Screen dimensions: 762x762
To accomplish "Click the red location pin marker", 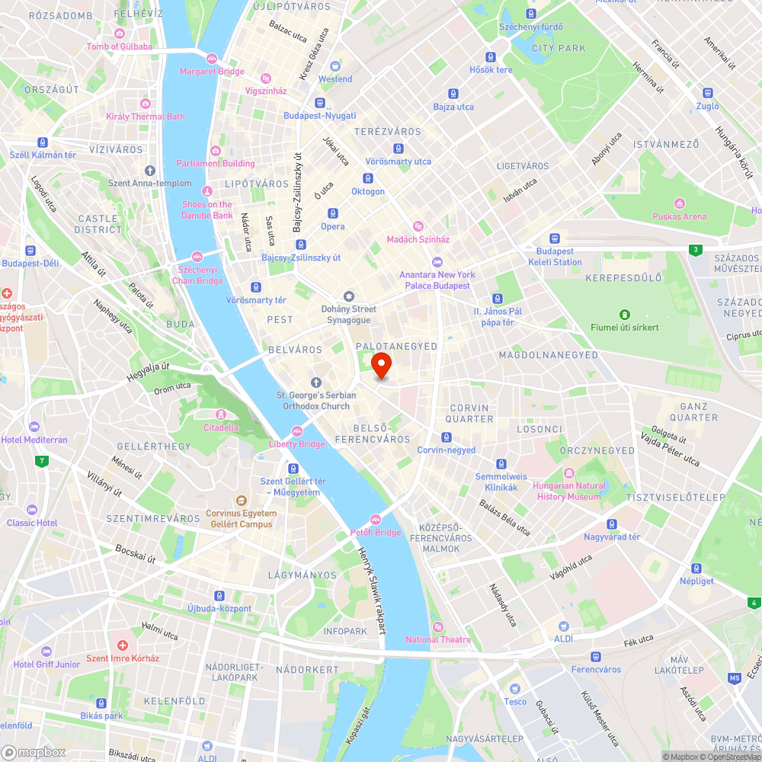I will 381,365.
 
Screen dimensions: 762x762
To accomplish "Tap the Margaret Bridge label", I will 212,72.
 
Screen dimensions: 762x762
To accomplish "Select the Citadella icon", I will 221,414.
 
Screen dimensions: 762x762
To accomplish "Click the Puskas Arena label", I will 679,216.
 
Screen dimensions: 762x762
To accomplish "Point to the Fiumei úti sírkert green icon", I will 625,314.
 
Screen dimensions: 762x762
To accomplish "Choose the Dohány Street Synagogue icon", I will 349,296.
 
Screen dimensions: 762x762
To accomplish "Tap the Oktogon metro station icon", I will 368,178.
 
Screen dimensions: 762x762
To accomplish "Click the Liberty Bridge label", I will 297,444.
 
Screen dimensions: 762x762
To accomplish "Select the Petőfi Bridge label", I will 375,533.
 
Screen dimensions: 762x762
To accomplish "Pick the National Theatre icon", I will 437,626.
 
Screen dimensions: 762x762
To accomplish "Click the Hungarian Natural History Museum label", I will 570,491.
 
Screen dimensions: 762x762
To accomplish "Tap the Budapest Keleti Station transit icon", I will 555,238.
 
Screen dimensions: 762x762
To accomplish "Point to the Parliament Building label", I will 216,163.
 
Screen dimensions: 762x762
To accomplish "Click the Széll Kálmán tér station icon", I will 43,142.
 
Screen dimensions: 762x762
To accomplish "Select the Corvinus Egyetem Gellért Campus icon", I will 242,501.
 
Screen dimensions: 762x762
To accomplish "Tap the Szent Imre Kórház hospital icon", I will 122,645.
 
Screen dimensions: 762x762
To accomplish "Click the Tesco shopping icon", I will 515,688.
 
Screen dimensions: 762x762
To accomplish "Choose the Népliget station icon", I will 696,568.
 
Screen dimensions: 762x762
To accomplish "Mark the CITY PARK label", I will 559,48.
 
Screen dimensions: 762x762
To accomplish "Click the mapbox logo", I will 34,752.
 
